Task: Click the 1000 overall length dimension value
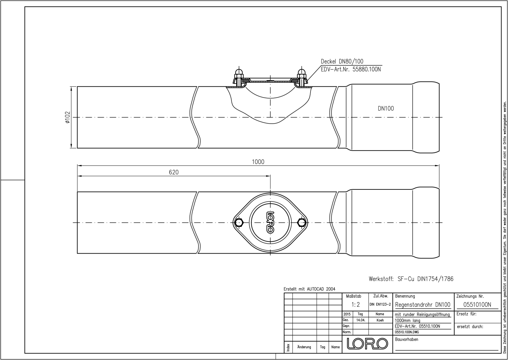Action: point(258,162)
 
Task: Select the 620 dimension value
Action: point(174,172)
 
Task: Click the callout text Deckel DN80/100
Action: point(342,61)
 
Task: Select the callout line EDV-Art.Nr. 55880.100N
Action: point(351,69)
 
